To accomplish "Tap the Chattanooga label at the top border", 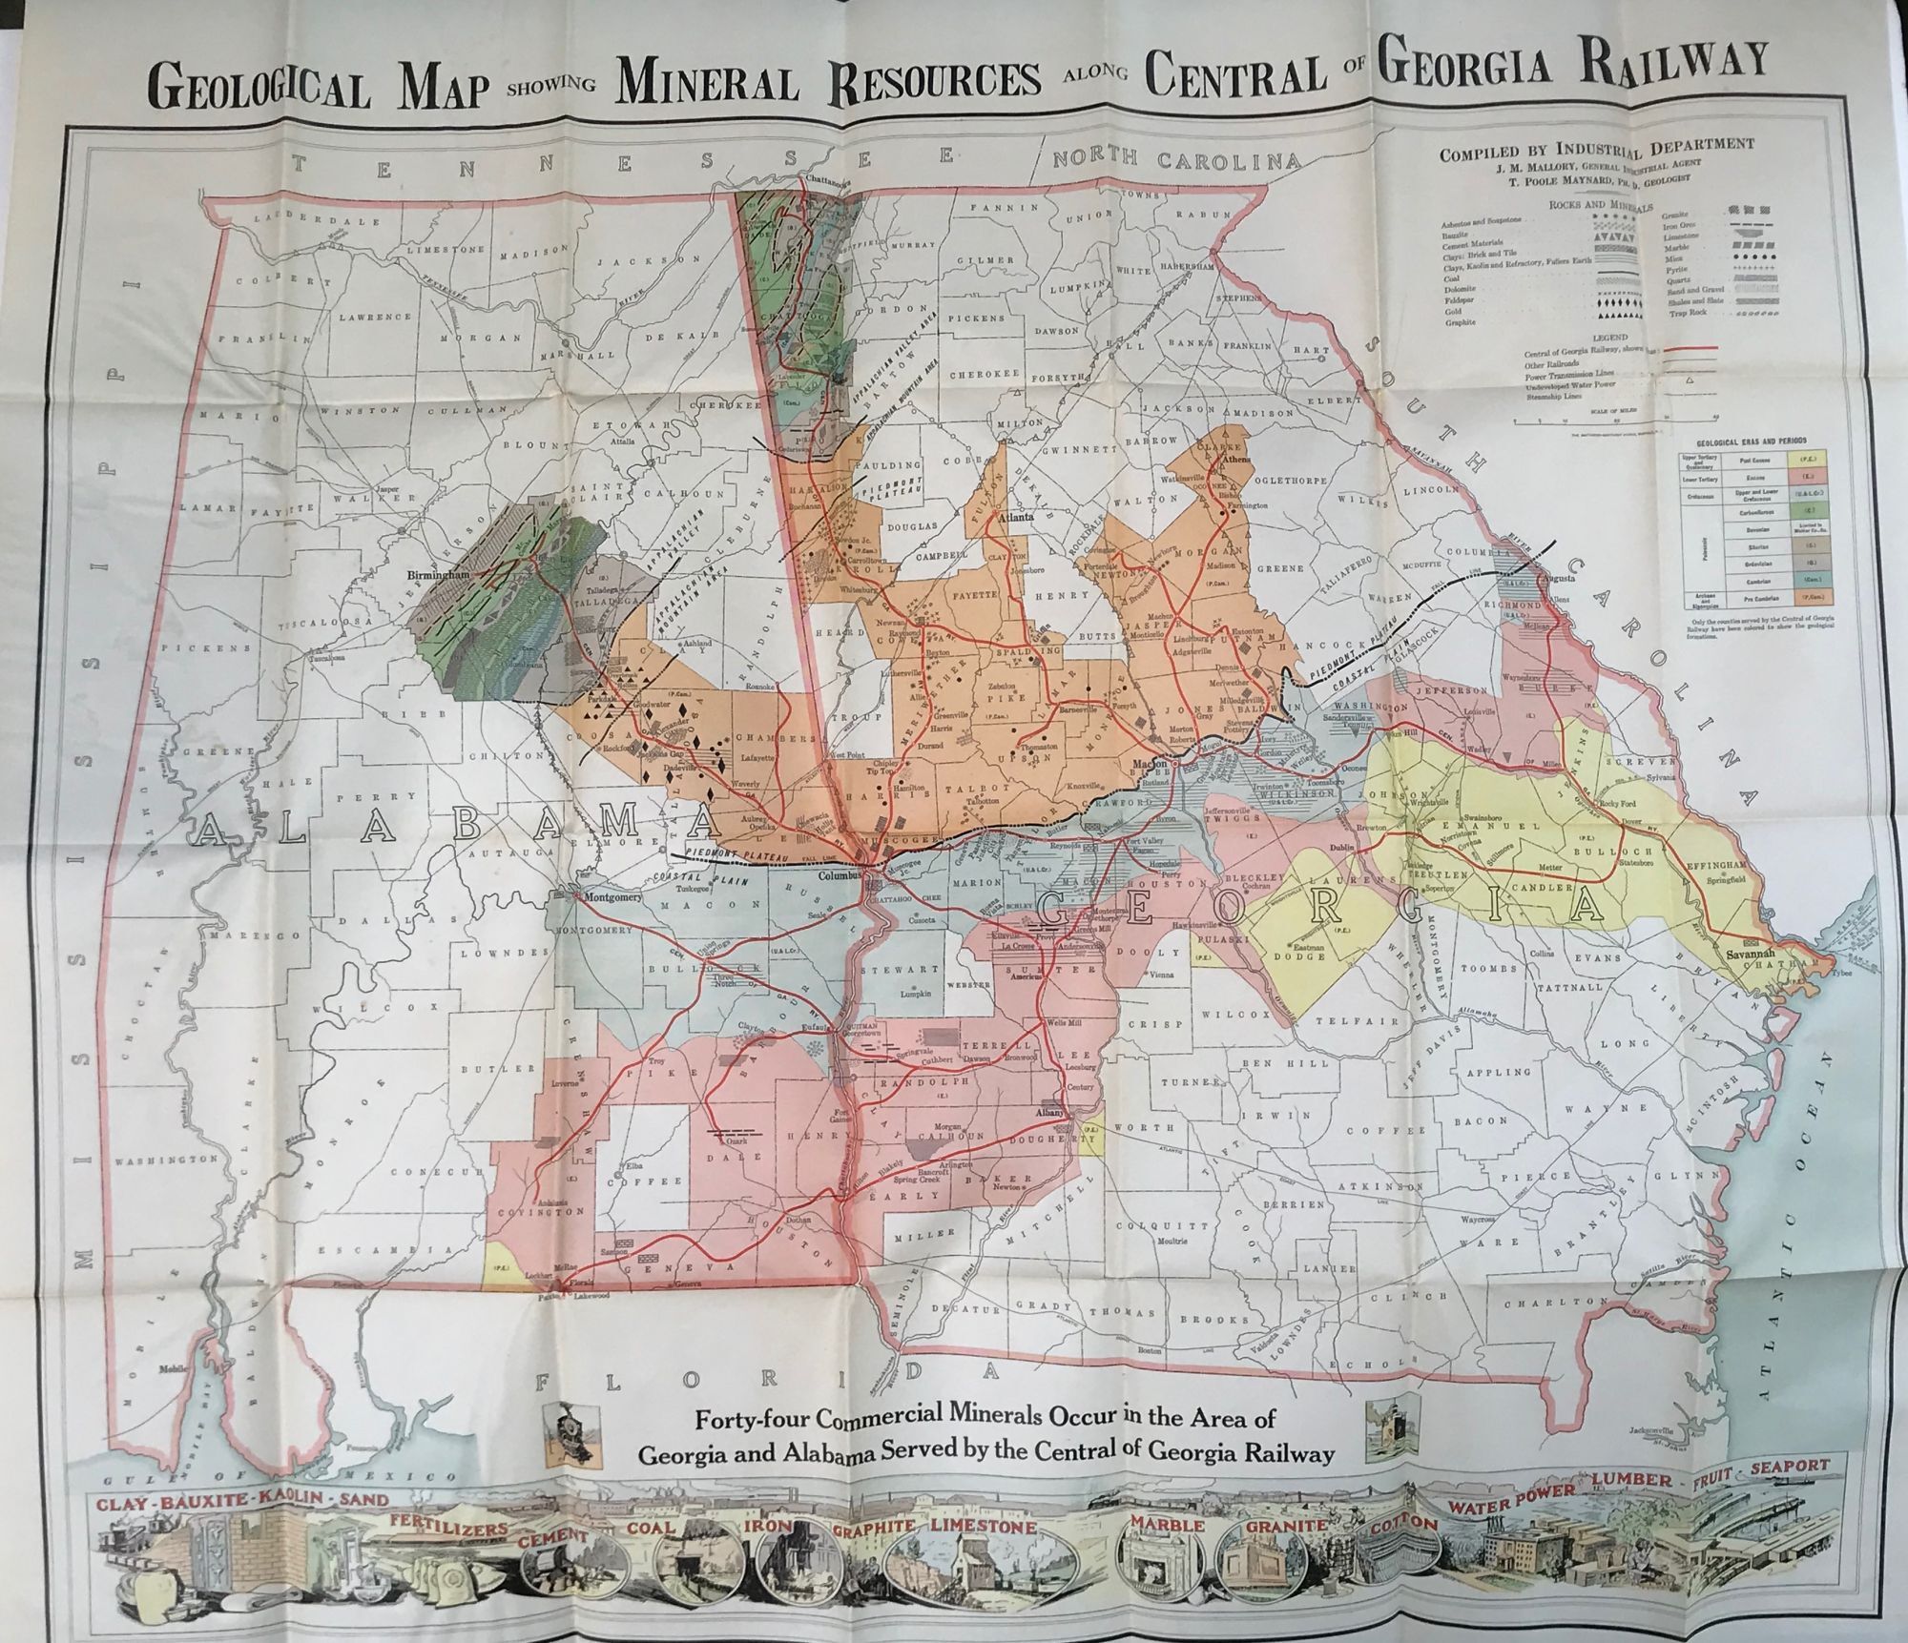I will (827, 178).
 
